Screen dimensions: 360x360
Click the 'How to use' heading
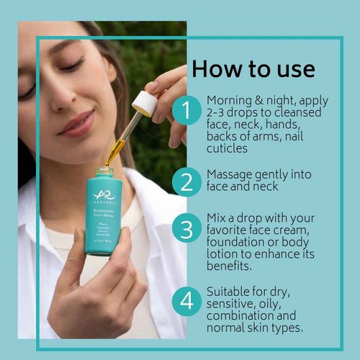253,69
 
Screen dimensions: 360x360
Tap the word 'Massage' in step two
230,175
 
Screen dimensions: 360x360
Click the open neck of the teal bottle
105,171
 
